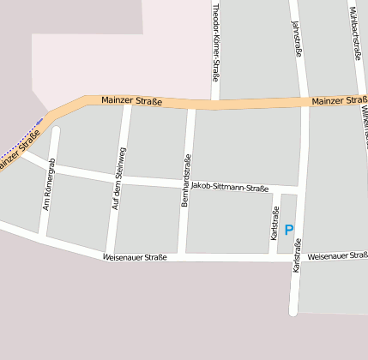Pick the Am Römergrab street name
click(49, 184)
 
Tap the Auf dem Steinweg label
click(119, 179)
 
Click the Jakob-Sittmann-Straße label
click(229, 188)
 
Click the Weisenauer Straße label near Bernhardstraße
click(134, 256)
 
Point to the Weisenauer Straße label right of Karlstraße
click(336, 255)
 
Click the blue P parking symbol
click(289, 230)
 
